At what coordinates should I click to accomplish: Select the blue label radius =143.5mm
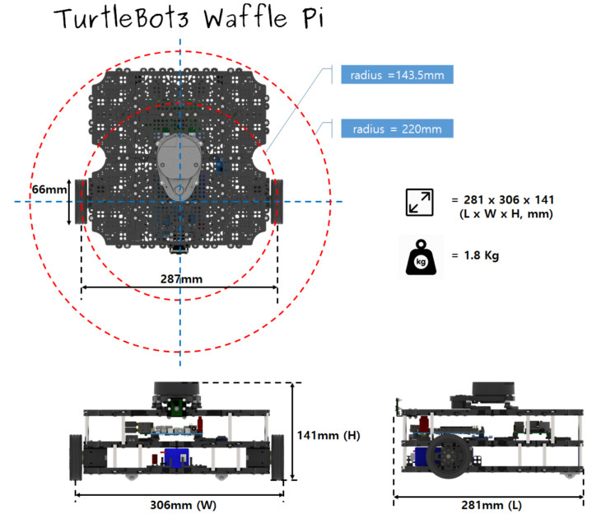[x=397, y=76]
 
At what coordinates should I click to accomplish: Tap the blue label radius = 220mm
[x=397, y=129]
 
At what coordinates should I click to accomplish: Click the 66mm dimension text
[x=49, y=189]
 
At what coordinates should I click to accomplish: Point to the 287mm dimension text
[x=181, y=279]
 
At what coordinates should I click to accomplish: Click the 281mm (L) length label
[x=492, y=505]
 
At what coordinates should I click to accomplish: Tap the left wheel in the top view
[x=81, y=201]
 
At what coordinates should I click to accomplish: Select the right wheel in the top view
[x=277, y=201]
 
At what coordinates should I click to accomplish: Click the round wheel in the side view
[x=449, y=458]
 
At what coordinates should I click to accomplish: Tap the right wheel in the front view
[x=277, y=458]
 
